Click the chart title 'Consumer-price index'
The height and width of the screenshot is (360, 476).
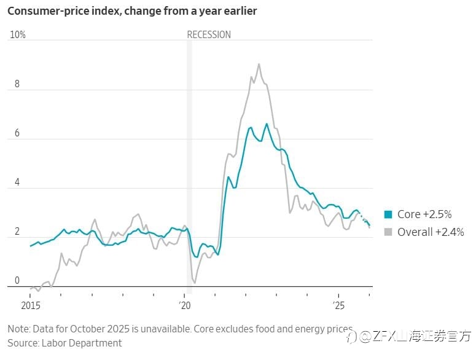(x=63, y=11)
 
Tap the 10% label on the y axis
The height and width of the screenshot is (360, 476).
(x=18, y=34)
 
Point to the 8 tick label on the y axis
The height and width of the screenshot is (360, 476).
(x=17, y=84)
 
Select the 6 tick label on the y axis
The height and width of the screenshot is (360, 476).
(x=17, y=133)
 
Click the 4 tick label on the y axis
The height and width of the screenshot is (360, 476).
(x=17, y=182)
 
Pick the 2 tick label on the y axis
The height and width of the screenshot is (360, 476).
(x=17, y=232)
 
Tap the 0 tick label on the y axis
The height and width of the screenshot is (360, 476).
(x=17, y=281)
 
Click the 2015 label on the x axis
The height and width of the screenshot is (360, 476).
(x=31, y=305)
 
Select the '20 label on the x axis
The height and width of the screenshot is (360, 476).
(x=185, y=305)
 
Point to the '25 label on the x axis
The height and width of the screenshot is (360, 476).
(x=338, y=305)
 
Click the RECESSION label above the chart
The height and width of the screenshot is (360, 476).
(x=209, y=34)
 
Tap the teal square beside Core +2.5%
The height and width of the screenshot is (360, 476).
(x=388, y=214)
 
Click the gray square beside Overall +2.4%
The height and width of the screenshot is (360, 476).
(x=388, y=232)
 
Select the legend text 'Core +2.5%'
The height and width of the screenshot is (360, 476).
(x=424, y=214)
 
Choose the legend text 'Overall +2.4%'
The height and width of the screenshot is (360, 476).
(x=431, y=232)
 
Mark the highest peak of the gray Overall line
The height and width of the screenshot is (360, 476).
(x=259, y=64)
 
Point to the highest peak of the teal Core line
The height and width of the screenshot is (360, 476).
(x=267, y=124)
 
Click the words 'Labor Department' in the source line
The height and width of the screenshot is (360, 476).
(x=82, y=343)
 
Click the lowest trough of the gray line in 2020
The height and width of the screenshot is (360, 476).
(x=194, y=283)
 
